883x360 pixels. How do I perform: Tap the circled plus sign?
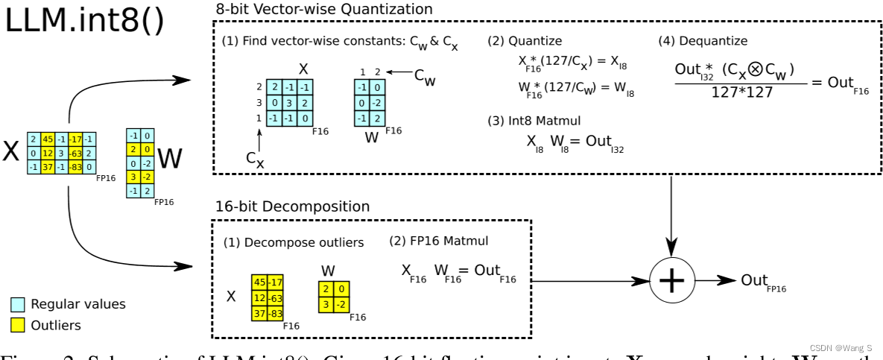(672, 280)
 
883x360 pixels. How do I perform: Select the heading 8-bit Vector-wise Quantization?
(323, 10)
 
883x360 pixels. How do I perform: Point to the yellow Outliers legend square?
(17, 325)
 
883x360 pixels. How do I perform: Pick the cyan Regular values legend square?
(17, 304)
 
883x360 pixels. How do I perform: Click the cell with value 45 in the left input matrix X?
(47, 139)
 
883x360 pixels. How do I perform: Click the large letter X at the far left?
(11, 151)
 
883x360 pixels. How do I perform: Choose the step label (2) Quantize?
(525, 42)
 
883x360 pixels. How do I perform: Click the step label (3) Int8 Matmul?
(534, 121)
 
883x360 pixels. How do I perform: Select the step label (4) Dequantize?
(703, 42)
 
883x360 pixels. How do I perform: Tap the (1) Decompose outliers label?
(294, 242)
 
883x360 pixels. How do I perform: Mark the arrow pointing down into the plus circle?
(672, 224)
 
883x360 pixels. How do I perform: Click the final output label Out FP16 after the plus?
(760, 282)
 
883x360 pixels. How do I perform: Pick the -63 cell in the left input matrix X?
(75, 153)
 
